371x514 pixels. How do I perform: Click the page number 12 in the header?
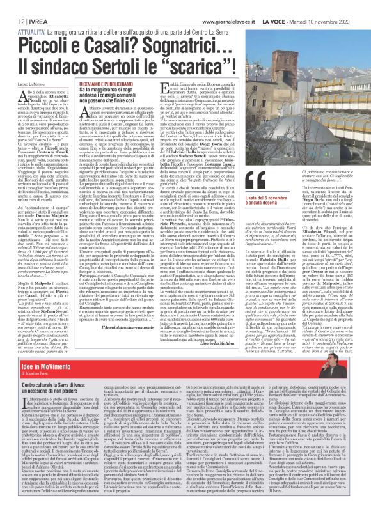pyautogui.click(x=13, y=4)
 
